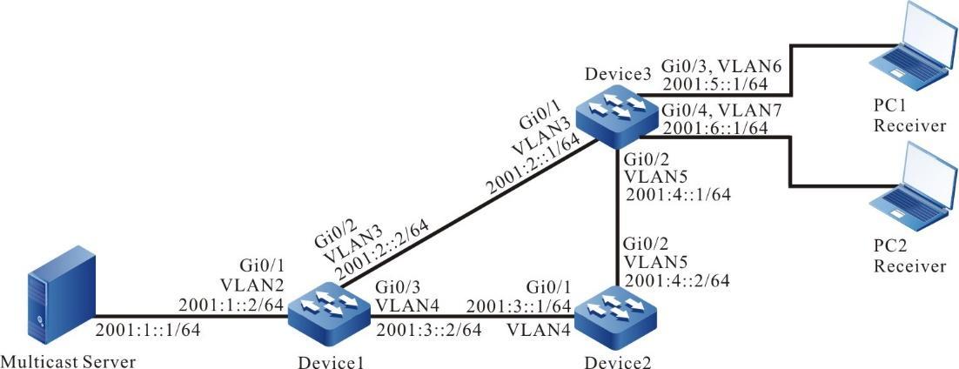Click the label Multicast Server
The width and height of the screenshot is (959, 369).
coord(70,359)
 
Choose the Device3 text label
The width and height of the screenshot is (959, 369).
coord(619,74)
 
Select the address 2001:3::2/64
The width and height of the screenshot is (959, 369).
coord(417,332)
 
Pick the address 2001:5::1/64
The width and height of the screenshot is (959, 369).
coord(714,85)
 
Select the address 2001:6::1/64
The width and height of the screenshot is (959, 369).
coord(714,128)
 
